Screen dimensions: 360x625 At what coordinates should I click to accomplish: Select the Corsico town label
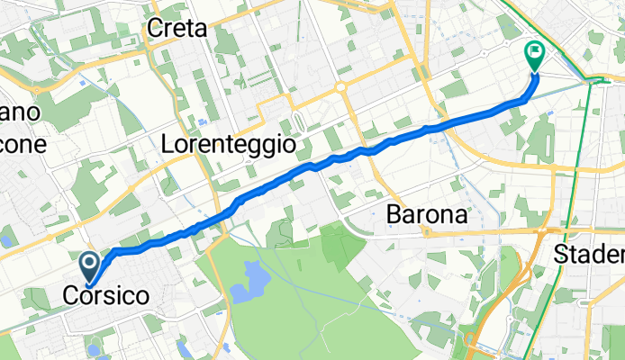(106, 295)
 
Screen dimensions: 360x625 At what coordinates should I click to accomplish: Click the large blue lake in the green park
(246, 289)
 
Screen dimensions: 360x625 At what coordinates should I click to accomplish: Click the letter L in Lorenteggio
(167, 143)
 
